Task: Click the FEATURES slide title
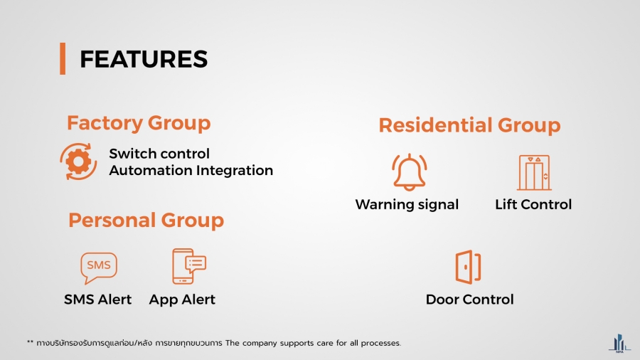[x=144, y=59]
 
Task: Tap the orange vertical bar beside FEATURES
[x=63, y=58]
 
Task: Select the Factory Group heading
[x=139, y=123]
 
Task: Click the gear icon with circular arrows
[x=78, y=162]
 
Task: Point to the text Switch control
[x=159, y=154]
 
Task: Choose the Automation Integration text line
[x=191, y=170]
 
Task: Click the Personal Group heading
[x=146, y=221]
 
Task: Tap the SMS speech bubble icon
[x=99, y=268]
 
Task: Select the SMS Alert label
[x=98, y=300]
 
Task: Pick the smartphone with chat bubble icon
[x=189, y=266]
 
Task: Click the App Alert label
[x=182, y=300]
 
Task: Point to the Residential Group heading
[x=469, y=125]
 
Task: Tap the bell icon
[x=410, y=172]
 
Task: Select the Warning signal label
[x=407, y=204]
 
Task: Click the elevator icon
[x=534, y=173]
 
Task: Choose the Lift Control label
[x=533, y=204]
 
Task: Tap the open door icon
[x=468, y=268]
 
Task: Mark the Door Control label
[x=470, y=300]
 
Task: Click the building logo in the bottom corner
[x=619, y=344]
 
